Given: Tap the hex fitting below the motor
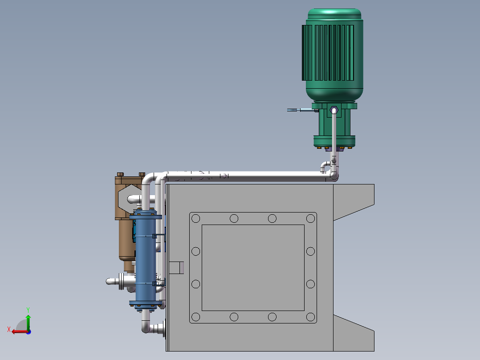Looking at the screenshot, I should coord(334,110).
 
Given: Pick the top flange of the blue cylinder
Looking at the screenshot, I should coord(145,217).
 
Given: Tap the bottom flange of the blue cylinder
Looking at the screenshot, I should coord(145,304).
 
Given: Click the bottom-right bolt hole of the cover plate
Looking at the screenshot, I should coord(310,317).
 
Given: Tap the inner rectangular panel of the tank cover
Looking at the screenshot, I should coord(253,267).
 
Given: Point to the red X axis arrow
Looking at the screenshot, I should coord(17,331).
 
